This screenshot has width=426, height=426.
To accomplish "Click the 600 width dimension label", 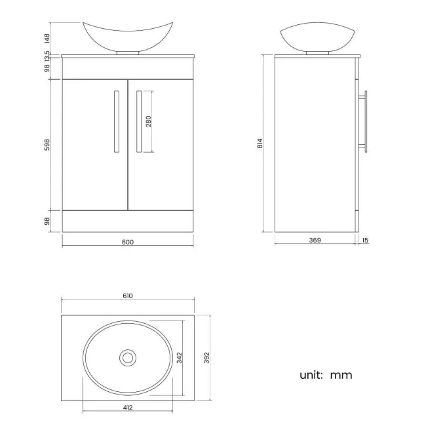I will [127, 242].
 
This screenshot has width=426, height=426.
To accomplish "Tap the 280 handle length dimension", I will [149, 121].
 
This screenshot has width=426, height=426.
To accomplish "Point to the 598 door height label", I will [47, 144].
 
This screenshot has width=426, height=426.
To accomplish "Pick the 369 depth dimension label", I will [315, 241].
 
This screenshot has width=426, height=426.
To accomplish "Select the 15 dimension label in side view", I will [365, 241].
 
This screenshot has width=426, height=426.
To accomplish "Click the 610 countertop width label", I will [127, 296].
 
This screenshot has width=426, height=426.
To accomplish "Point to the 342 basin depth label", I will [178, 357].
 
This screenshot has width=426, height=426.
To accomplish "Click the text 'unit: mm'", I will [326, 375].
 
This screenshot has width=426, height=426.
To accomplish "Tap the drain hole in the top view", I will [128, 357].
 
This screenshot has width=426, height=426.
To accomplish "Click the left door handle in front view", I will [116, 121].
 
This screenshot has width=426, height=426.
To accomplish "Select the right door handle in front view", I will [138, 121].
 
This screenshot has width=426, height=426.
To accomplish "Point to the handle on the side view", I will [365, 121].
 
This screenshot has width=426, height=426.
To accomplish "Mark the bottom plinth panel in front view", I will [127, 220].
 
